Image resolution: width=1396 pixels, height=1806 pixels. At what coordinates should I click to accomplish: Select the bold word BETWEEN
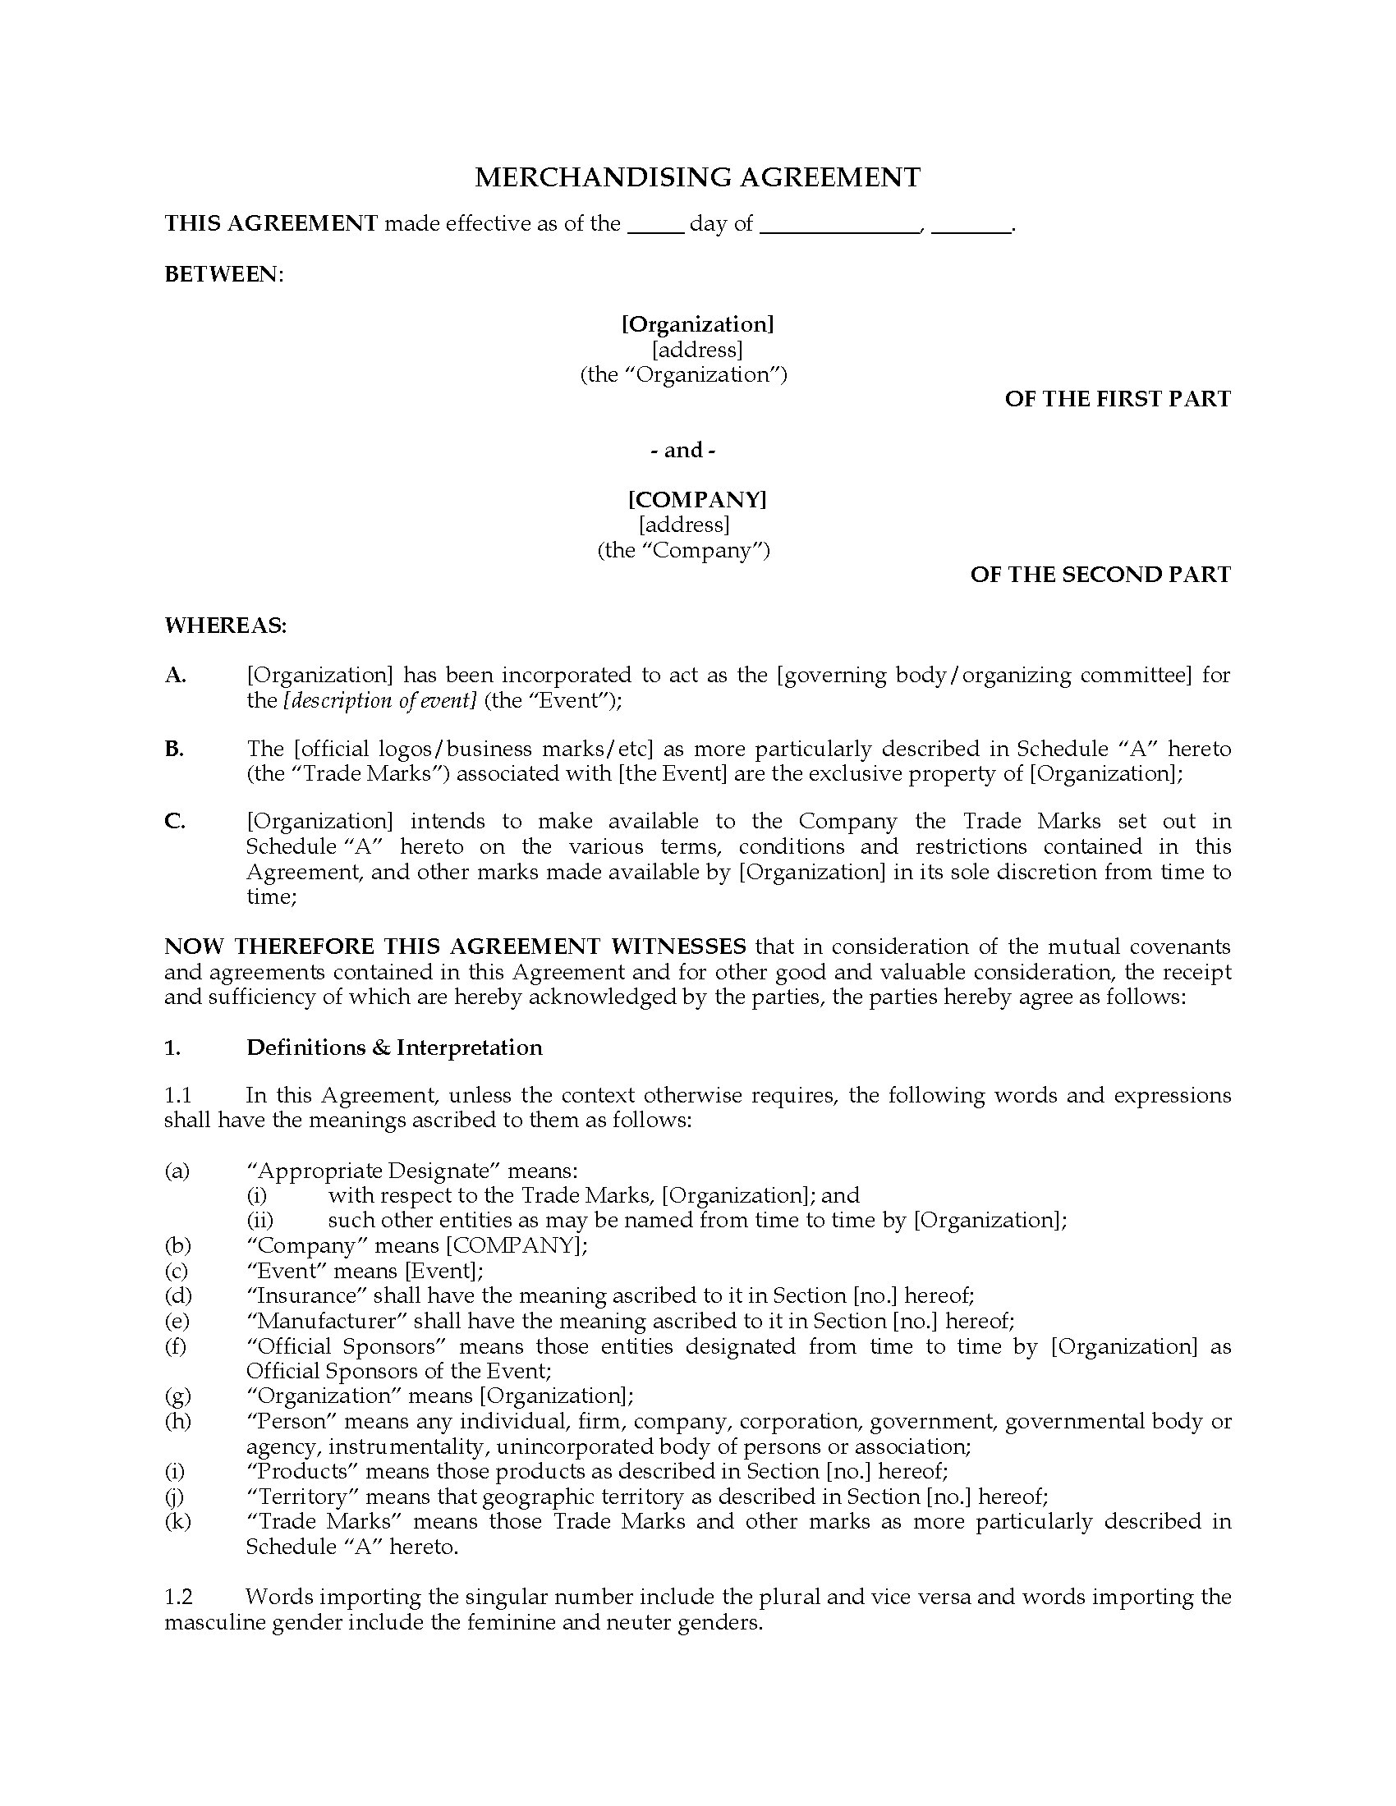223,274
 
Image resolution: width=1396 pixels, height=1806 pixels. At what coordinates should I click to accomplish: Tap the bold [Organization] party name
697,324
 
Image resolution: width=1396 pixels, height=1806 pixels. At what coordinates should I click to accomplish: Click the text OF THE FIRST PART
1118,400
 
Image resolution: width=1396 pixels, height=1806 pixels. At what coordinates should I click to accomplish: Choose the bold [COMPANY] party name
697,499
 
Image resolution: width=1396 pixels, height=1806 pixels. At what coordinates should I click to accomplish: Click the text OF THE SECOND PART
1100,575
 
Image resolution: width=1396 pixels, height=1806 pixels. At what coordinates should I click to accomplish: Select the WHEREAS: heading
226,626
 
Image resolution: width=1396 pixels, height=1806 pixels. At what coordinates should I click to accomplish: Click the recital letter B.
173,749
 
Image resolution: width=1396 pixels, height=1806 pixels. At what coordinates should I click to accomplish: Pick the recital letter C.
174,822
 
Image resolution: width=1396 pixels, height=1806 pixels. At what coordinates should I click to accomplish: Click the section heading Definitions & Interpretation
394,1047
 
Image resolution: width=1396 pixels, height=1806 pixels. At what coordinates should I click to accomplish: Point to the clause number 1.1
178,1096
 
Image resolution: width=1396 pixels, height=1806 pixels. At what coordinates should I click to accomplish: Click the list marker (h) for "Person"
177,1422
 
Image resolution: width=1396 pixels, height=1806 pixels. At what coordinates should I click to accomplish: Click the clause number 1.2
179,1597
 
